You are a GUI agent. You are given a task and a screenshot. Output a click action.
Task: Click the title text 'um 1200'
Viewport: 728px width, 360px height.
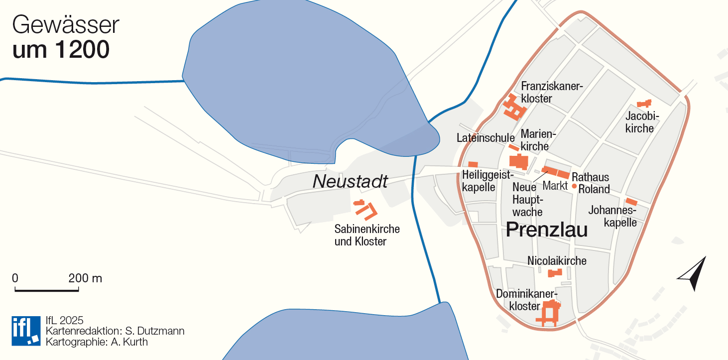pyautogui.click(x=61, y=50)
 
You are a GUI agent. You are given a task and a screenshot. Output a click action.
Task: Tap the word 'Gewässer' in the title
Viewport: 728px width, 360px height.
pyautogui.click(x=66, y=25)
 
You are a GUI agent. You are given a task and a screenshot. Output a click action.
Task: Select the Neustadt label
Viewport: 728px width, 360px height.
pyautogui.click(x=350, y=182)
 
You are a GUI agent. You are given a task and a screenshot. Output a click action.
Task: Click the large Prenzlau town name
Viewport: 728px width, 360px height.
pyautogui.click(x=547, y=230)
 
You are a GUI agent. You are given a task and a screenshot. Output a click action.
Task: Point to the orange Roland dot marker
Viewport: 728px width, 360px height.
pyautogui.click(x=574, y=186)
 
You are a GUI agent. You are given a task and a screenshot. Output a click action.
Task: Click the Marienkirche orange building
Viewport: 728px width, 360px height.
pyautogui.click(x=519, y=162)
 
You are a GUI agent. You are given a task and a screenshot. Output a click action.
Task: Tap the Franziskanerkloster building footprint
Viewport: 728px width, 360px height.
pyautogui.click(x=513, y=107)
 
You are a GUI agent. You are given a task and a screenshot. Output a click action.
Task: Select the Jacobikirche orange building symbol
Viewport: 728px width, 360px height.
pyautogui.click(x=644, y=104)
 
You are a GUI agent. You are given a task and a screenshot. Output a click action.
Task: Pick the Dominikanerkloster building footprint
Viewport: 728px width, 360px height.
pyautogui.click(x=550, y=312)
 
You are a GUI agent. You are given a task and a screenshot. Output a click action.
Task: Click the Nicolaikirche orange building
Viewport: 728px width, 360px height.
pyautogui.click(x=555, y=273)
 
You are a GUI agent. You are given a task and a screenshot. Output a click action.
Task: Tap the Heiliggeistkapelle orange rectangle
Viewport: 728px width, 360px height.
pyautogui.click(x=473, y=164)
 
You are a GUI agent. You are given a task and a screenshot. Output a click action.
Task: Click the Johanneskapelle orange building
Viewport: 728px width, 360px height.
pyautogui.click(x=631, y=202)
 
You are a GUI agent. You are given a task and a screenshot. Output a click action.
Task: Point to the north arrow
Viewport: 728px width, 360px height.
pyautogui.click(x=694, y=273)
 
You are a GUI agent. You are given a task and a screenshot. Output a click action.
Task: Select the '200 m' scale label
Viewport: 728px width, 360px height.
pyautogui.click(x=85, y=278)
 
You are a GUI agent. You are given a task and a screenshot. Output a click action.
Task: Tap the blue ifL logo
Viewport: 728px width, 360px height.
pyautogui.click(x=26, y=330)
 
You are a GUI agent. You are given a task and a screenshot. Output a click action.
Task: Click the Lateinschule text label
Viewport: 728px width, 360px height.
pyautogui.click(x=485, y=138)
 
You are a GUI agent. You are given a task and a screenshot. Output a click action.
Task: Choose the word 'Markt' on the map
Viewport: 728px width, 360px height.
pyautogui.click(x=555, y=186)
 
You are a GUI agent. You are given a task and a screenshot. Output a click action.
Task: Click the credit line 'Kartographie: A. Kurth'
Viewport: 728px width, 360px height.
pyautogui.click(x=96, y=342)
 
